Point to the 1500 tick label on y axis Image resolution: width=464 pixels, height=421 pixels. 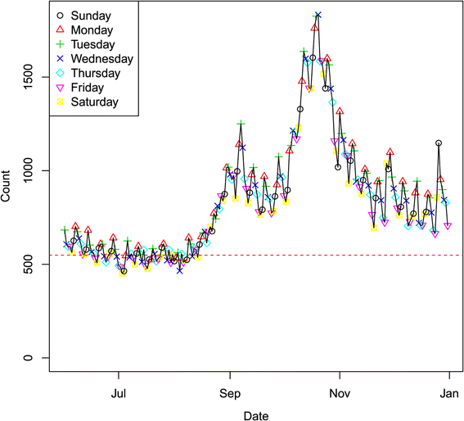[x=30, y=76]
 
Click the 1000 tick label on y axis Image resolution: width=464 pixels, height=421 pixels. [x=30, y=170]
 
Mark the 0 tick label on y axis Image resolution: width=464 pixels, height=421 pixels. [x=30, y=358]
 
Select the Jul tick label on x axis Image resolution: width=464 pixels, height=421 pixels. [x=119, y=392]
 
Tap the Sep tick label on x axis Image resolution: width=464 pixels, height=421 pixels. [x=231, y=392]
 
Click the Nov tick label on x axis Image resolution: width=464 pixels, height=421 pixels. [x=340, y=392]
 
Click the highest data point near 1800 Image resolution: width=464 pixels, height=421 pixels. [x=318, y=15]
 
